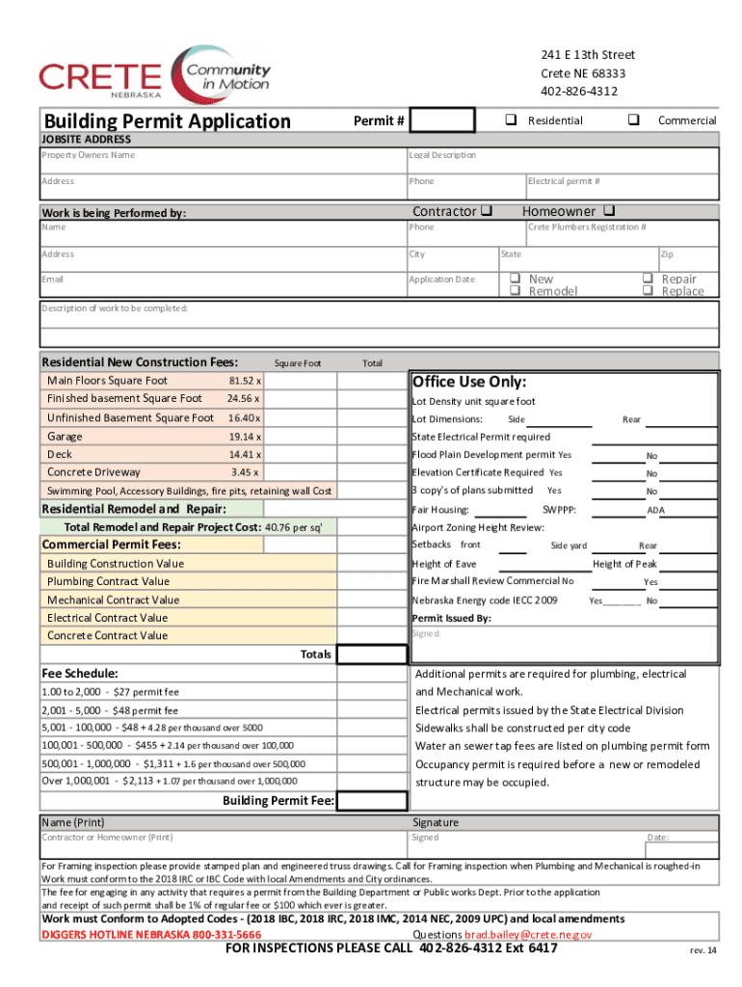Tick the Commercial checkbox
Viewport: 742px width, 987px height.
pyautogui.click(x=633, y=120)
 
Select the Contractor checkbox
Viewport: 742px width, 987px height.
pyautogui.click(x=488, y=211)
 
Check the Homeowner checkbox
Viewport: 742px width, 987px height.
pyautogui.click(x=610, y=211)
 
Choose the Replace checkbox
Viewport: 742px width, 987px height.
pyautogui.click(x=648, y=291)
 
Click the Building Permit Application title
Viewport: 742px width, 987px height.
pyautogui.click(x=167, y=121)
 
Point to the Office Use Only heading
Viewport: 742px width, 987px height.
pyautogui.click(x=469, y=381)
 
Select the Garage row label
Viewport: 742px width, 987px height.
pyautogui.click(x=65, y=436)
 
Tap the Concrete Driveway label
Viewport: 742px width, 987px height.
pyautogui.click(x=93, y=472)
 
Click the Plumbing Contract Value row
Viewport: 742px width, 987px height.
pyautogui.click(x=108, y=581)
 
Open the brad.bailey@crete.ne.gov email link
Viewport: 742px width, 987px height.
pyautogui.click(x=528, y=935)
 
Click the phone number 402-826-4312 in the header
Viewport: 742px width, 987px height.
pyautogui.click(x=578, y=92)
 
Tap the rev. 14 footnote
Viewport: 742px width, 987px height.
pyautogui.click(x=702, y=950)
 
